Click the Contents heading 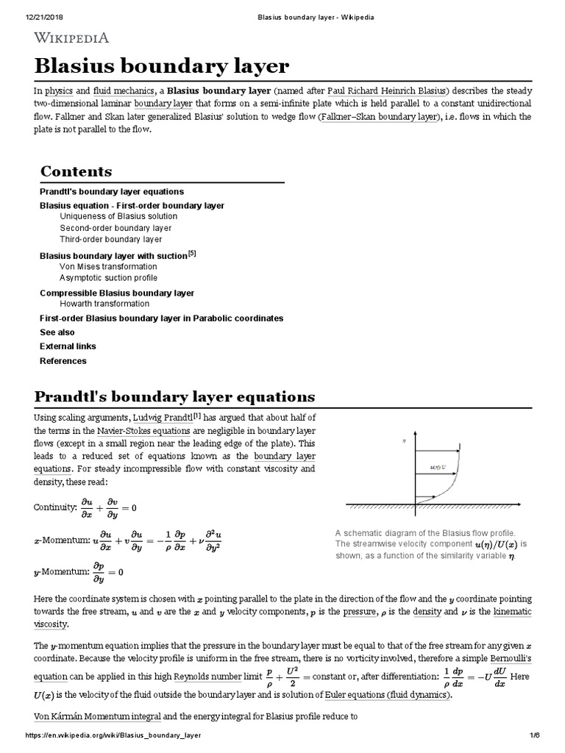tap(77, 171)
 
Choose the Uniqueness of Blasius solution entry tap(118, 217)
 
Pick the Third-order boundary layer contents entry tap(111, 239)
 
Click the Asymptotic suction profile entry tap(108, 278)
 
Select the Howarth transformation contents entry tap(104, 304)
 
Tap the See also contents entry tap(57, 332)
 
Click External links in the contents tap(68, 346)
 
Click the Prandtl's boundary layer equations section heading tap(175, 397)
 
